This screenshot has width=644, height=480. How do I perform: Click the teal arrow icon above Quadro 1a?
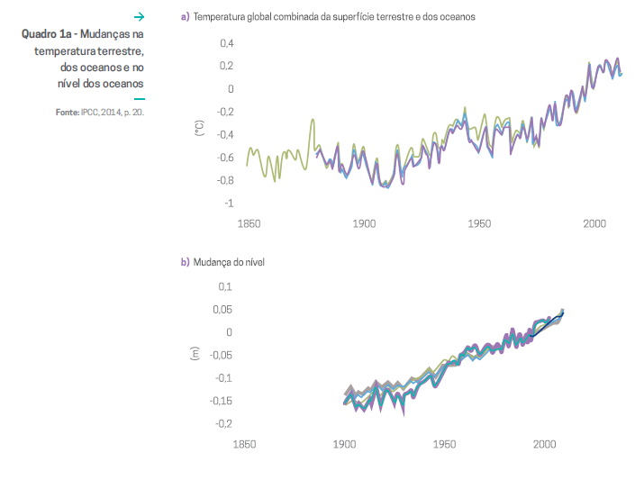(x=139, y=16)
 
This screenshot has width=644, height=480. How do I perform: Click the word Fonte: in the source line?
(x=66, y=113)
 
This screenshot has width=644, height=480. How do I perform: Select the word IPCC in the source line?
(x=91, y=113)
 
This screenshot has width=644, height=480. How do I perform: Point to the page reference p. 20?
(x=132, y=113)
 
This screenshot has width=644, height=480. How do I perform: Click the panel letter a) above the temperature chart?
(x=185, y=17)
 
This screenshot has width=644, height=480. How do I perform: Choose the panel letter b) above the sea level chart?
(x=185, y=262)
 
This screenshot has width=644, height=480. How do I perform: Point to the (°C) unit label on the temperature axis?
(x=199, y=128)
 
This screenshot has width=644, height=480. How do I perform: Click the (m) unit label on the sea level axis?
(x=194, y=354)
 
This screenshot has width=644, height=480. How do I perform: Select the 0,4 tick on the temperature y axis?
(x=225, y=43)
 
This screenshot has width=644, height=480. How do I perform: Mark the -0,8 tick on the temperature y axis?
(x=222, y=180)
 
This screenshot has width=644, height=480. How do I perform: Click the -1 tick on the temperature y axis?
(x=228, y=203)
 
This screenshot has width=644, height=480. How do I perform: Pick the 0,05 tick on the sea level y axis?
(x=222, y=309)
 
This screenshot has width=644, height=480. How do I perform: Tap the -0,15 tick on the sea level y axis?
(x=220, y=401)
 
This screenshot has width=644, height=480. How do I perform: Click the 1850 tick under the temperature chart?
(x=248, y=224)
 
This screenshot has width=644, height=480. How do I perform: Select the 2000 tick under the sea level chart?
(x=544, y=444)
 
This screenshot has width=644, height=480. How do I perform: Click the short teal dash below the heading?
(x=139, y=99)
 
